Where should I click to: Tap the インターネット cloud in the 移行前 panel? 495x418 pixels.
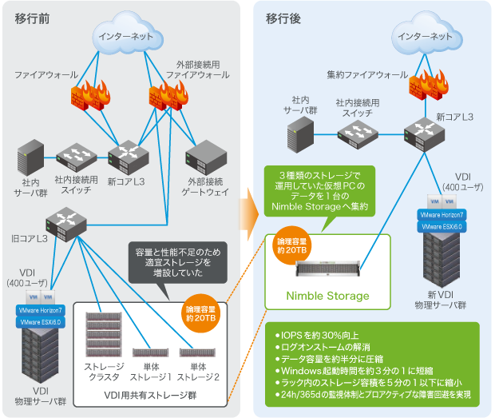tap(125, 37)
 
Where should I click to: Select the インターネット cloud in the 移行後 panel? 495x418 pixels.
tap(425, 37)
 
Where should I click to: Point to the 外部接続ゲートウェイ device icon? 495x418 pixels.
tap(207, 157)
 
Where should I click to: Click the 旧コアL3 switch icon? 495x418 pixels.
tap(65, 225)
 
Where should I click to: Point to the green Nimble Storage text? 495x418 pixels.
tap(327, 296)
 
